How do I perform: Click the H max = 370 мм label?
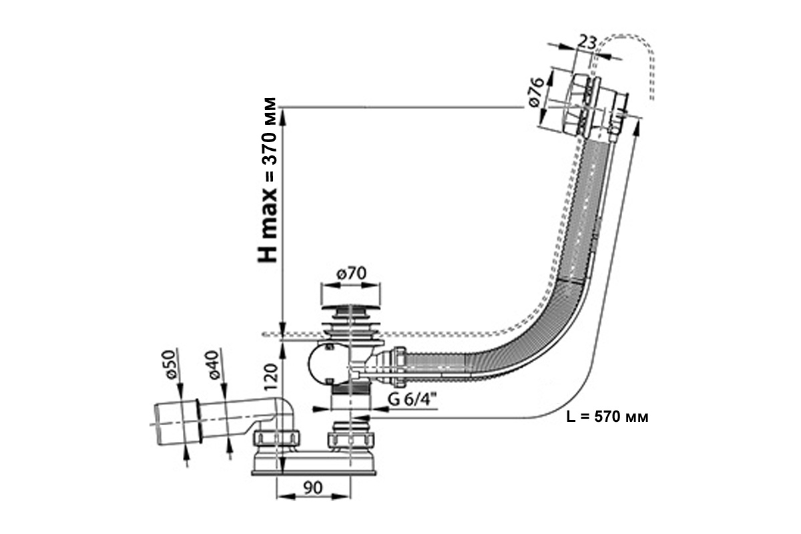(268, 180)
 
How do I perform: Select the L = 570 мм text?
(607, 417)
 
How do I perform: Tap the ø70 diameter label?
(352, 274)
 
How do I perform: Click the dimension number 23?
(587, 43)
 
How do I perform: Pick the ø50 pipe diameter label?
(171, 364)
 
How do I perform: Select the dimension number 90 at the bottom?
(313, 488)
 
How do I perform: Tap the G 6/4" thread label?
(413, 399)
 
